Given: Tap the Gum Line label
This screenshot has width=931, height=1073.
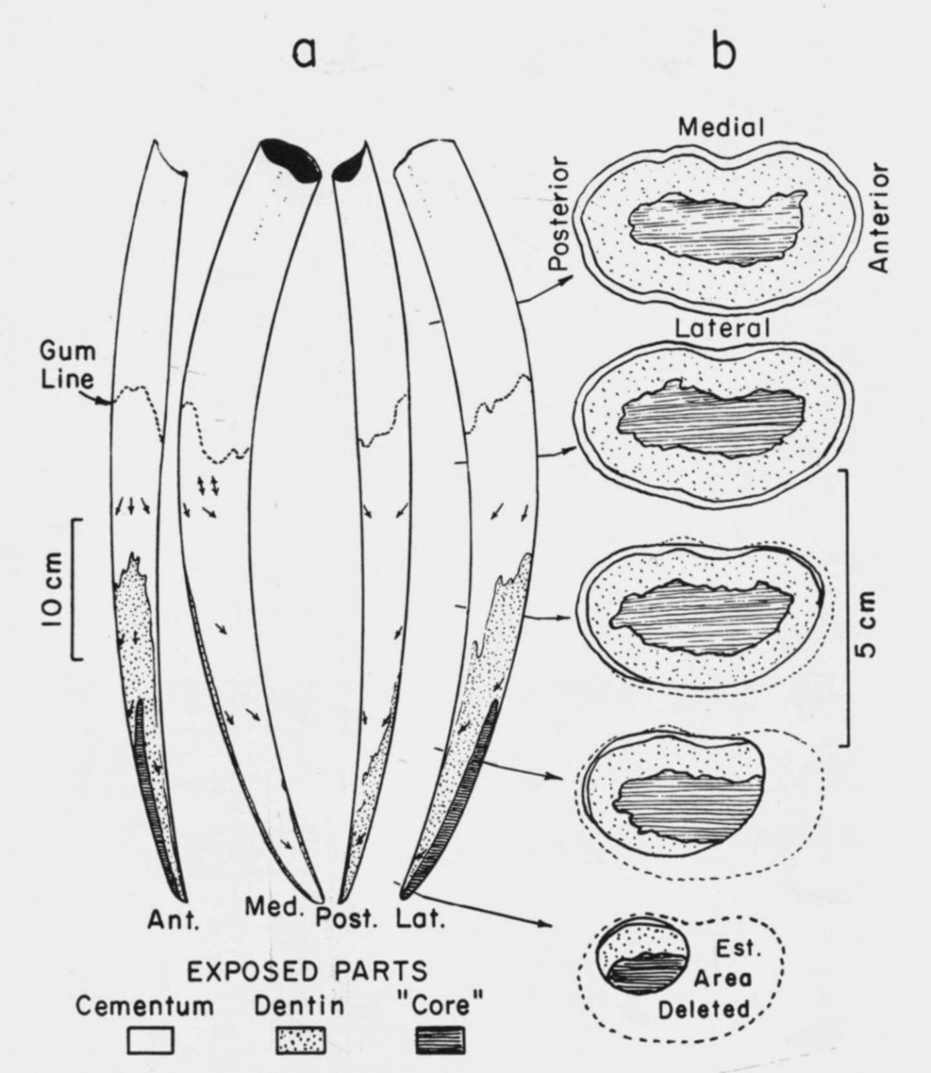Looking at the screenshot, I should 67,365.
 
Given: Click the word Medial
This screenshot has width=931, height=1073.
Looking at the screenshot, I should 721,127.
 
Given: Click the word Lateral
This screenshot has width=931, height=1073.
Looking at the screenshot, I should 721,329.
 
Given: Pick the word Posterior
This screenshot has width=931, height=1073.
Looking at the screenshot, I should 560,215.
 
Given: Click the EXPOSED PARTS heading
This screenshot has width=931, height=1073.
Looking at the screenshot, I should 306,970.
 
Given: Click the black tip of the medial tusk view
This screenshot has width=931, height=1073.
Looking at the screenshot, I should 290,158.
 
